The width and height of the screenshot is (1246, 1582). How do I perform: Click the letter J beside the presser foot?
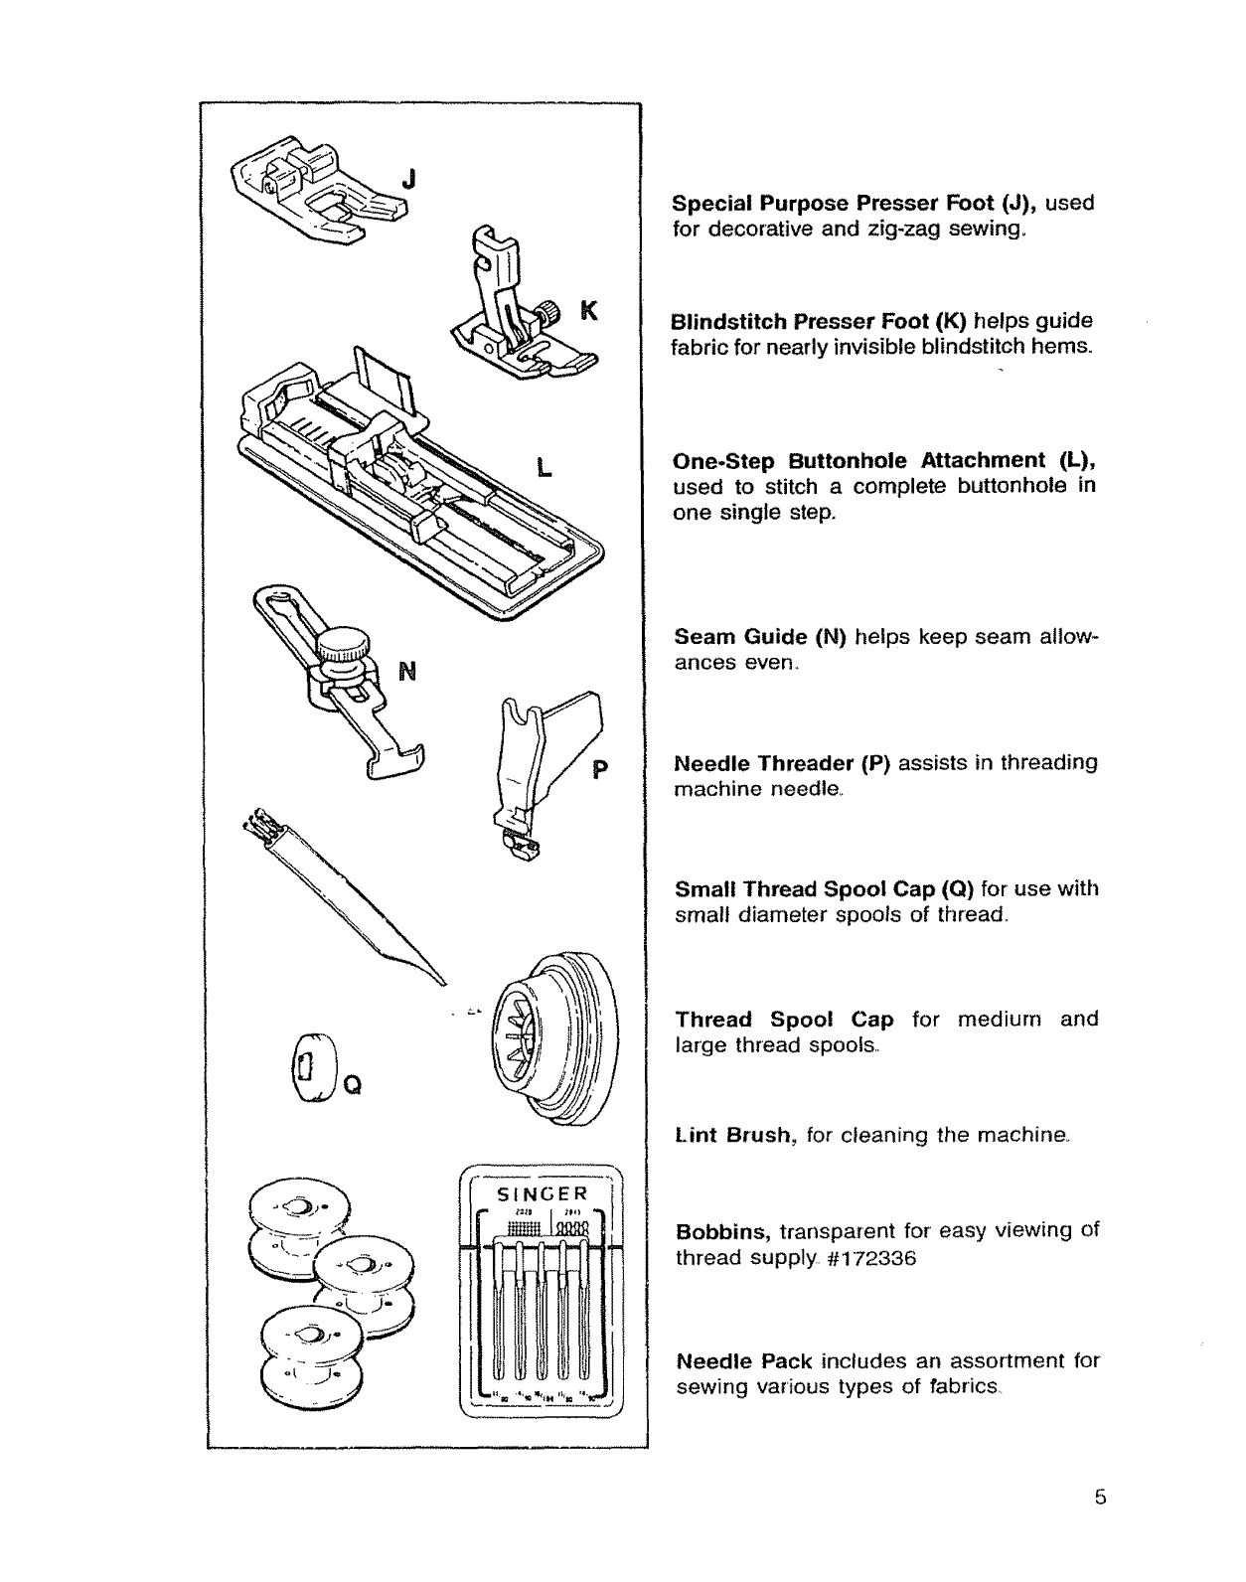(x=408, y=180)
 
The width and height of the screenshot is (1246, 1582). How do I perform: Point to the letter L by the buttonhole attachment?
(x=544, y=467)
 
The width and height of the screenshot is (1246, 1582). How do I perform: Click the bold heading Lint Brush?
(x=737, y=1135)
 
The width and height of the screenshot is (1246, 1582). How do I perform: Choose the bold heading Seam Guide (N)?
(x=759, y=635)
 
